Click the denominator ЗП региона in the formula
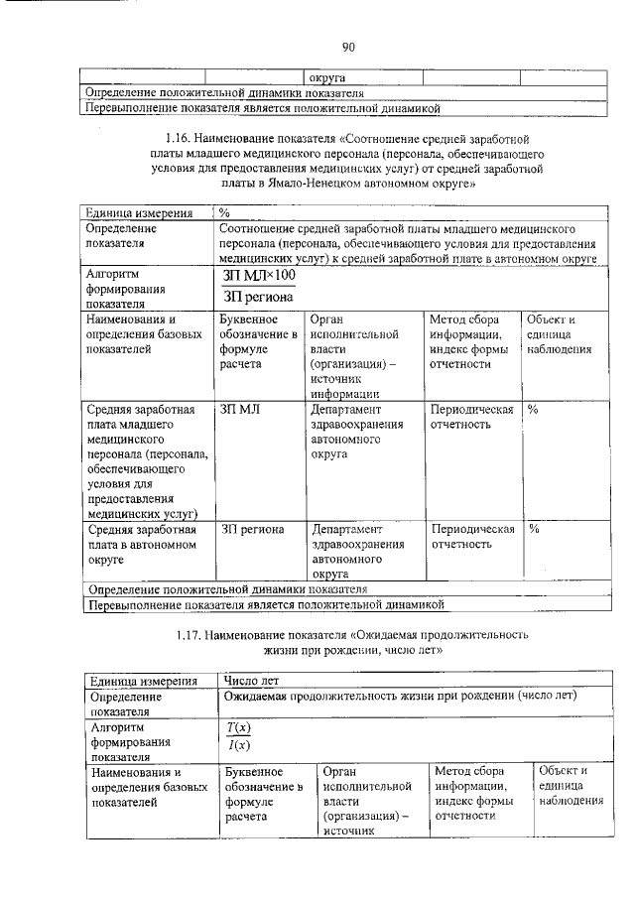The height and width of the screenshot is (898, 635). pos(258,295)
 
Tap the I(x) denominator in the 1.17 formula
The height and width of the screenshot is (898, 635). pos(238,746)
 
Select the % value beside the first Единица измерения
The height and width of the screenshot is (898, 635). pos(225,212)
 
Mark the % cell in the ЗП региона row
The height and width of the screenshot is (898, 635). pos(533,529)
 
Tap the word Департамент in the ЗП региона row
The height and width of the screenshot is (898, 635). pos(347,529)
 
